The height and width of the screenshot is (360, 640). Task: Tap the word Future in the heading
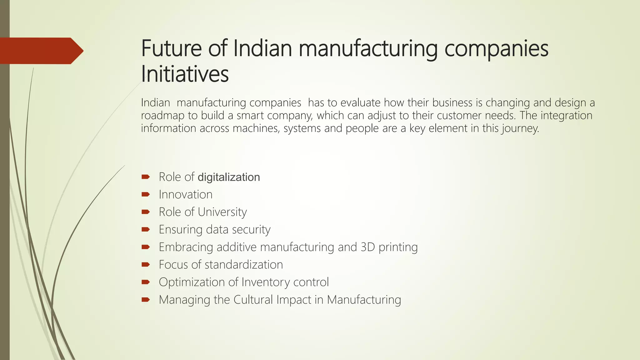click(x=171, y=48)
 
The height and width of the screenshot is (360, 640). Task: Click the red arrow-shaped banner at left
click(x=41, y=51)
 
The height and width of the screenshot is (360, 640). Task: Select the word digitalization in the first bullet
click(x=229, y=177)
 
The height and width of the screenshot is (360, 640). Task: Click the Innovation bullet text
click(x=186, y=195)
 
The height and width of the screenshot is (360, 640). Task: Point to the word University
click(x=222, y=212)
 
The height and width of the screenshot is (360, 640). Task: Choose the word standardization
click(x=244, y=265)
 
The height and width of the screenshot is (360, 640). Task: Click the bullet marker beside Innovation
click(x=146, y=195)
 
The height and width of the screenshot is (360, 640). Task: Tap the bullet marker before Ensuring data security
click(x=146, y=230)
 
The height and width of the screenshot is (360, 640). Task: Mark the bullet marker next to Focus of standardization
click(x=146, y=265)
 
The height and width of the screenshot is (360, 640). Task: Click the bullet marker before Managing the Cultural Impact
click(x=146, y=300)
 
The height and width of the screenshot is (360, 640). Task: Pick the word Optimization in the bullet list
click(x=192, y=282)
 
